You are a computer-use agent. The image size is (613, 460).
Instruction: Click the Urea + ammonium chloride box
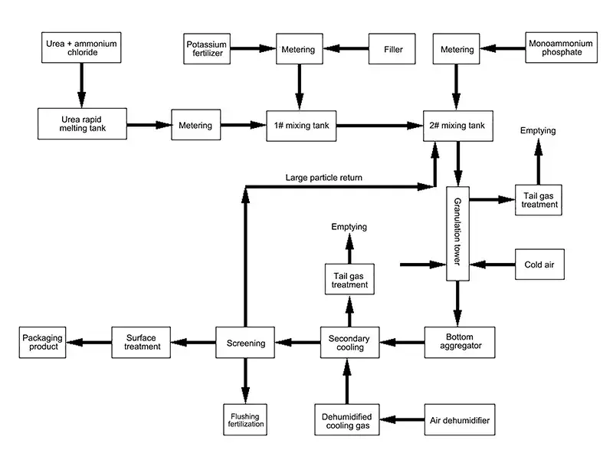(80, 49)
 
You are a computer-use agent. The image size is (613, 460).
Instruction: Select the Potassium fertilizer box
(207, 50)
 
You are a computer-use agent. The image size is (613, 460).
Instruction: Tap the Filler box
(393, 50)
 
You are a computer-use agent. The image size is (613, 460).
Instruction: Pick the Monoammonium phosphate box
(560, 49)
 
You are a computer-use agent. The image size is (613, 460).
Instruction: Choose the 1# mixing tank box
(300, 124)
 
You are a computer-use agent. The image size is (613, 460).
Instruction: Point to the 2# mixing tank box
(459, 124)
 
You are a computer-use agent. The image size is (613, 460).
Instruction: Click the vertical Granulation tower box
(458, 233)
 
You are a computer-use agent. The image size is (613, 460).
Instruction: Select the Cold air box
(539, 264)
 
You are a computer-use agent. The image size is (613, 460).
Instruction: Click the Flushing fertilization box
(246, 419)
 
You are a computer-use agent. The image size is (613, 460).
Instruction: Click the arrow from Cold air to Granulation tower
(492, 264)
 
